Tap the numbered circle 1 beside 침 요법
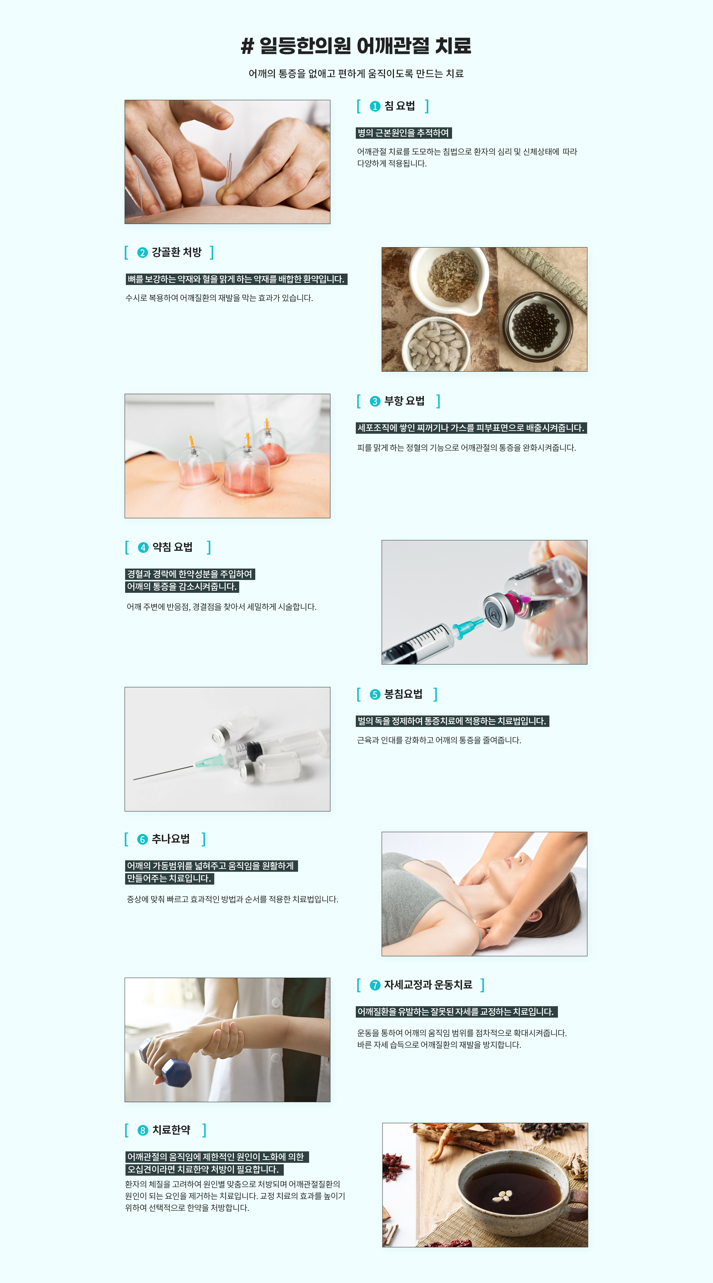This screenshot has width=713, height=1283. pyautogui.click(x=375, y=106)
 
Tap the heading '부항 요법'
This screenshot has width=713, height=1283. pyautogui.click(x=404, y=401)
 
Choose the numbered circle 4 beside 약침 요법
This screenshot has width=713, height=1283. pyautogui.click(x=143, y=548)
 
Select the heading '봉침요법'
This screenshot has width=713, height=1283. pyautogui.click(x=403, y=694)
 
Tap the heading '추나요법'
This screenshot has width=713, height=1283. pyautogui.click(x=170, y=839)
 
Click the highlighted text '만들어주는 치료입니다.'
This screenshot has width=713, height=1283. pyautogui.click(x=169, y=878)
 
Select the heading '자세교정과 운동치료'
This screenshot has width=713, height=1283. pyautogui.click(x=428, y=985)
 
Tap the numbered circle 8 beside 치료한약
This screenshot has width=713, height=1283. pyautogui.click(x=143, y=1130)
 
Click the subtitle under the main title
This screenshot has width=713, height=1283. pyautogui.click(x=356, y=74)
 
